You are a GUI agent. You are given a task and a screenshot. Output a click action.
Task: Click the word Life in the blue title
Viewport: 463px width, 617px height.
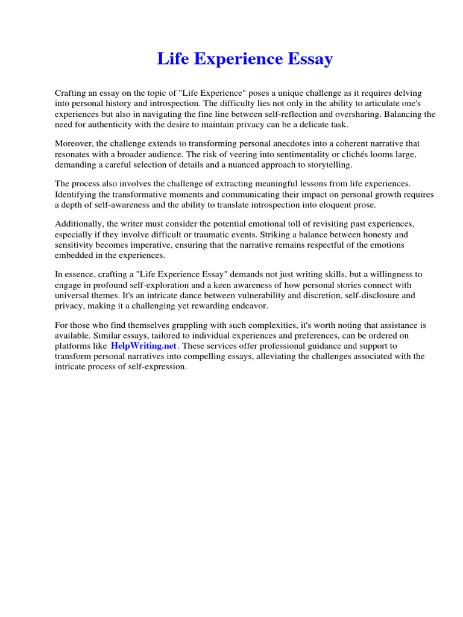[169, 59]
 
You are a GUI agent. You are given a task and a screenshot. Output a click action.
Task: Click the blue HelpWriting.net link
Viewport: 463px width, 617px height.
[143, 346]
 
